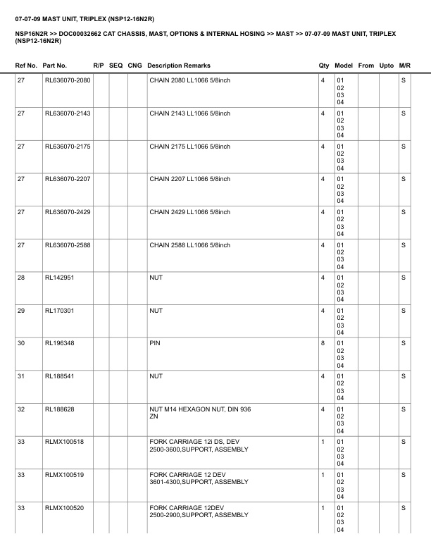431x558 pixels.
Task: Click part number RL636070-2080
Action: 68,80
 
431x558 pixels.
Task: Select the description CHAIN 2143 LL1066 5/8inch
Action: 189,113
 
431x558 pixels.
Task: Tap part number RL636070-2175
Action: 68,147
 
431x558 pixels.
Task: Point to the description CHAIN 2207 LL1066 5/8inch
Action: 189,179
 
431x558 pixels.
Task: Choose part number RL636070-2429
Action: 68,212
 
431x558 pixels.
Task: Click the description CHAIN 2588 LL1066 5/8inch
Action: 189,245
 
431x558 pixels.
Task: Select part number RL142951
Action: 60,278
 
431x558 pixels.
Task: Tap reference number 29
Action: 21,311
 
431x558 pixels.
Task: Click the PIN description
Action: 155,344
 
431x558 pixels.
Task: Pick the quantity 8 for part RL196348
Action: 323,344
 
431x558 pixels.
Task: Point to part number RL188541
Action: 60,376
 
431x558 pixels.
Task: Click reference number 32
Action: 21,409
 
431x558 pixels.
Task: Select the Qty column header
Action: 324,66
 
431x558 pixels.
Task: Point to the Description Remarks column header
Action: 179,66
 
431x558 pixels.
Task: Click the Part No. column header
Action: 55,66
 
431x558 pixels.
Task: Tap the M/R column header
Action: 404,66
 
